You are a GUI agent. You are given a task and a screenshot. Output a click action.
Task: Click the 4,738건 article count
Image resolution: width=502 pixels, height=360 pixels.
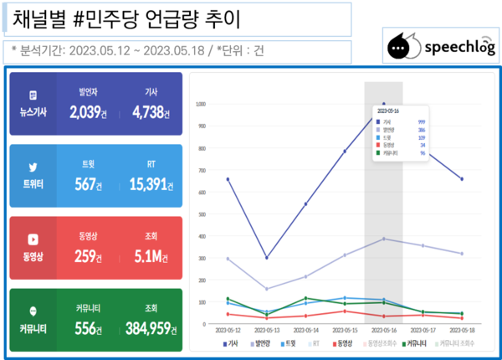(x=151, y=112)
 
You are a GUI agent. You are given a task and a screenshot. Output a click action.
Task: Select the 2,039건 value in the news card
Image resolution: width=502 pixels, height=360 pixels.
(x=87, y=112)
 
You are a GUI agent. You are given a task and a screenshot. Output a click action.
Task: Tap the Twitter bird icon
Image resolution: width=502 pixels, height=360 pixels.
(x=33, y=167)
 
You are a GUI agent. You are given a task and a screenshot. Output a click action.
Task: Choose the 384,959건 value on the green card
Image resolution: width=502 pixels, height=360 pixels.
(x=151, y=329)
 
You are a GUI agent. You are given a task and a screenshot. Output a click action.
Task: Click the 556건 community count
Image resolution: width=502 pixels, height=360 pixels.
(x=87, y=329)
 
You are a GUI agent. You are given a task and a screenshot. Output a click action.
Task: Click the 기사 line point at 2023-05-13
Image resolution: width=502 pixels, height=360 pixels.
(x=267, y=258)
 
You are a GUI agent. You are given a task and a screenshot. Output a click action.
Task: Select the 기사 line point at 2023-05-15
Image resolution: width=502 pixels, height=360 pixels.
(x=345, y=151)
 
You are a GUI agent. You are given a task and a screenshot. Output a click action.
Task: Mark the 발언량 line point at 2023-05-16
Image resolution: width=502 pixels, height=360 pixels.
(x=384, y=239)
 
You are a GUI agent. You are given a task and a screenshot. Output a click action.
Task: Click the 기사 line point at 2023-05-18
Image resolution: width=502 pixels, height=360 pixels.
(x=462, y=178)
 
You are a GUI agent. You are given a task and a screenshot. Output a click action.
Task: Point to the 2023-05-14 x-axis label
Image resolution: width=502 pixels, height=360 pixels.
(x=305, y=332)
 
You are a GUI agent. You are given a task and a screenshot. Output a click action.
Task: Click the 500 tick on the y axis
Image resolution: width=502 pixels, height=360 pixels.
(x=201, y=213)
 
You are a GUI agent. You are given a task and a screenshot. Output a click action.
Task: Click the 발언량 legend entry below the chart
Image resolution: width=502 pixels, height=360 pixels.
(x=264, y=343)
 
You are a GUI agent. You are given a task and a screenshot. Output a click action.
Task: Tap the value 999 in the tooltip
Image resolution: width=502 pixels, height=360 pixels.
(x=421, y=121)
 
